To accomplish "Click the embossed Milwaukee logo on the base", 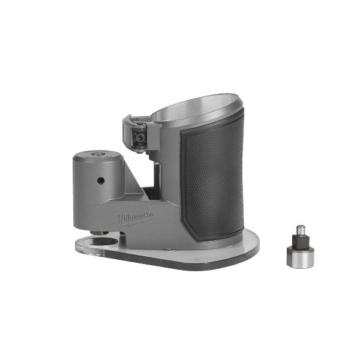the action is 136,218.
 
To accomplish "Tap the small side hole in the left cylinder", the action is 101,181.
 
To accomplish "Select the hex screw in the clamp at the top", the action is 139,137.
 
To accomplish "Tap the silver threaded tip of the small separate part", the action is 301,229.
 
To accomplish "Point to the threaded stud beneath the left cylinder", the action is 100,233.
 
